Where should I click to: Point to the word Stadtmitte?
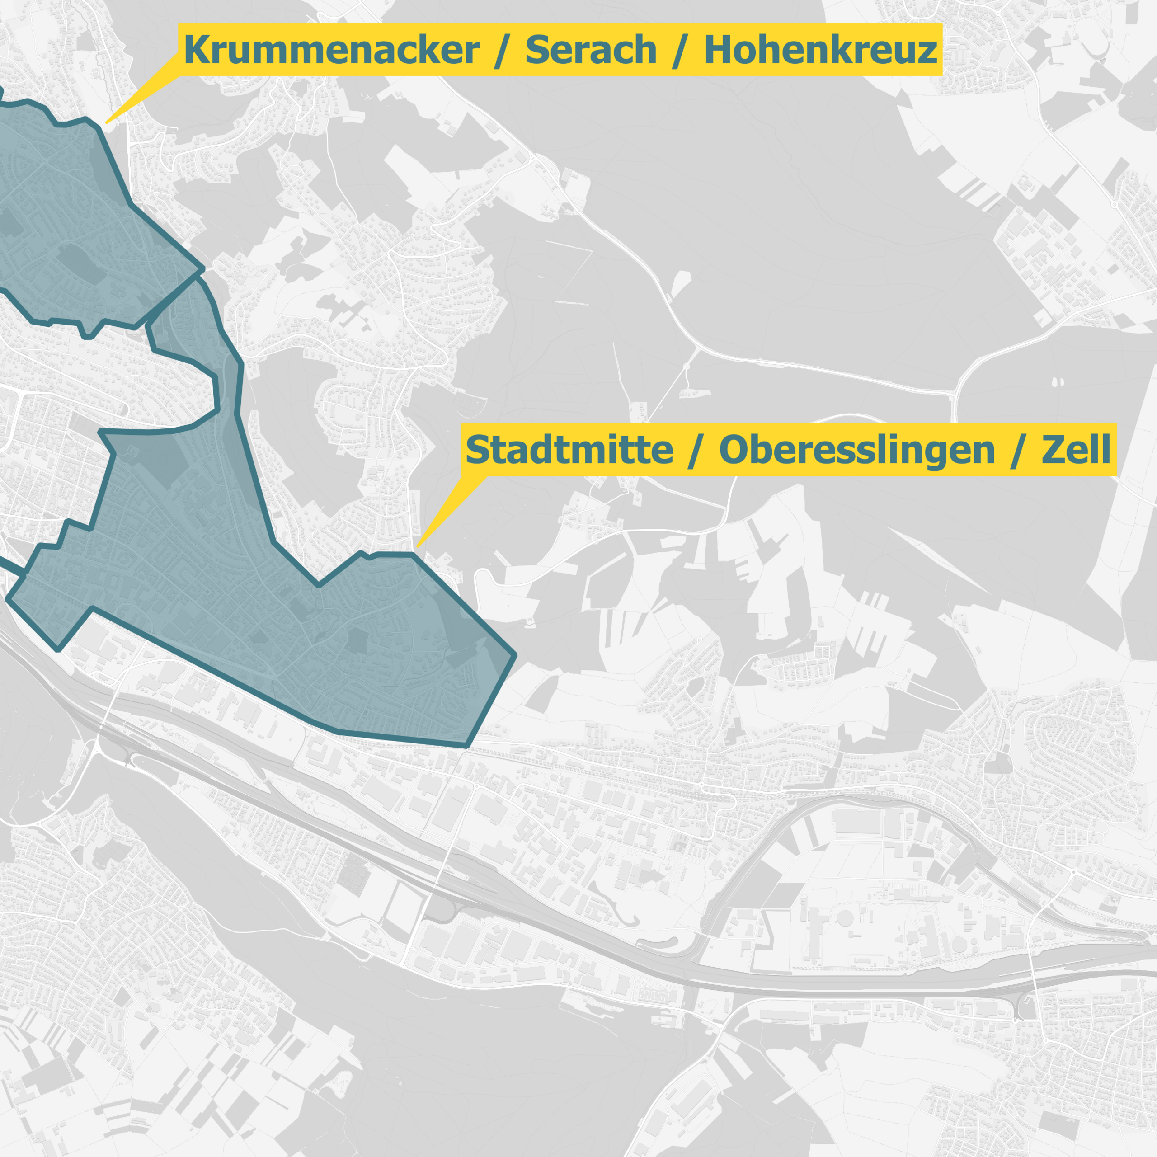569,450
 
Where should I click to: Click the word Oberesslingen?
856,450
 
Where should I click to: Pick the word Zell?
1076,450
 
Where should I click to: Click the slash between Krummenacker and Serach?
502,50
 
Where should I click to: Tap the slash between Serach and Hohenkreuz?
679,50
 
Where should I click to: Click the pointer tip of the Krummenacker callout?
107,123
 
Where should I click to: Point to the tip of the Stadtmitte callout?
418,546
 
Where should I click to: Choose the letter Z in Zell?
1054,450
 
